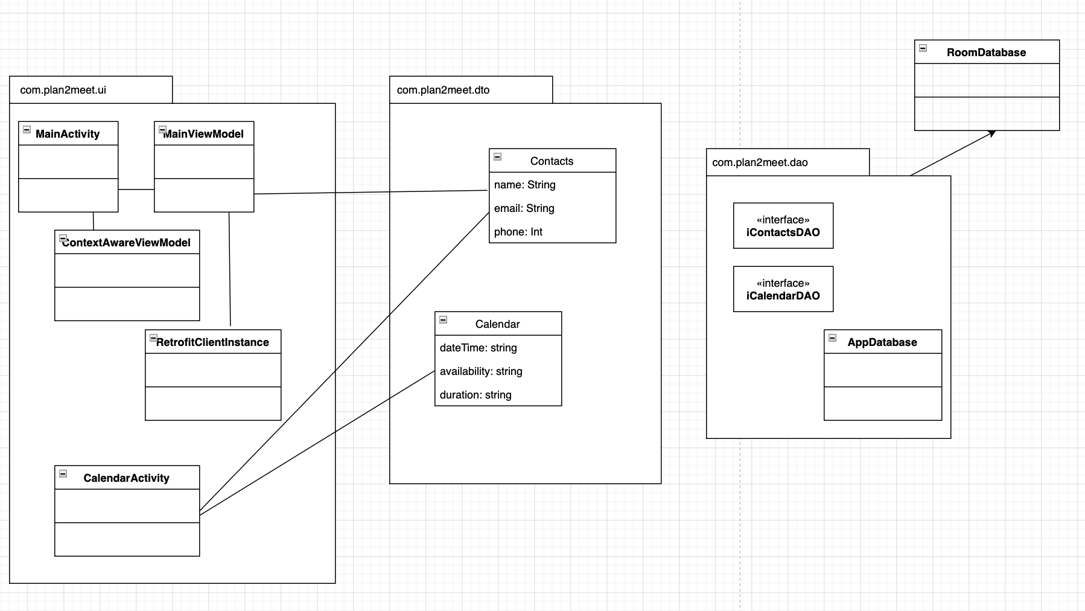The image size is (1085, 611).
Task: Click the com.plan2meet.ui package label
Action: coord(63,90)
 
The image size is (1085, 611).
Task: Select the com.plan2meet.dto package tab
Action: coord(444,90)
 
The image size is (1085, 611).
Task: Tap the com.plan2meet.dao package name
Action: coord(760,162)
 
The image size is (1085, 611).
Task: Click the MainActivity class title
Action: coord(68,134)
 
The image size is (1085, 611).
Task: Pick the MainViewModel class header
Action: coord(204,134)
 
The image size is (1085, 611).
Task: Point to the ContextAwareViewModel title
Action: coord(127,243)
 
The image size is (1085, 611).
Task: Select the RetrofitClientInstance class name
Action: coord(212,342)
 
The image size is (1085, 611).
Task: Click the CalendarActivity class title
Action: coord(126,478)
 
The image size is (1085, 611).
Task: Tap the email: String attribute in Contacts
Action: coord(524,208)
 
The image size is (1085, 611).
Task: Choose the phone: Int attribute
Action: coord(518,232)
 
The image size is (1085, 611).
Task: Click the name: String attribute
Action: coord(524,185)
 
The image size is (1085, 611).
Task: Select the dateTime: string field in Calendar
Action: coord(478,348)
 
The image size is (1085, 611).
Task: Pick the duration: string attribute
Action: coord(476,395)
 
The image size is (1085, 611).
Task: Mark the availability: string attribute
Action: coord(481,371)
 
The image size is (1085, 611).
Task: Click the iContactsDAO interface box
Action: coord(783,226)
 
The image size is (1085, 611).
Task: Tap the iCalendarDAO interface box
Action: coord(783,289)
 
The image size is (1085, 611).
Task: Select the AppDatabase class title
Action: coord(882,342)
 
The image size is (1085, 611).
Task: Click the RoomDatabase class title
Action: coord(986,53)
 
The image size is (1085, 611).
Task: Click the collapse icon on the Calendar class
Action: coord(443,320)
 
